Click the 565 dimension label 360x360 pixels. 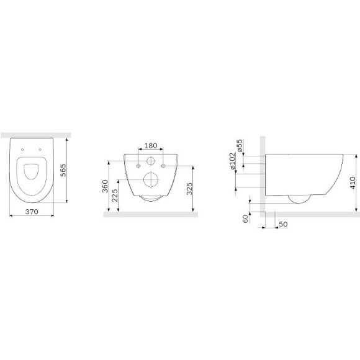click(63, 170)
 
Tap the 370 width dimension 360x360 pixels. click(32, 212)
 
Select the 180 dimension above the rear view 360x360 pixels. click(151, 146)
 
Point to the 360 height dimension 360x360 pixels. click(105, 186)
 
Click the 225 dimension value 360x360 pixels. click(115, 196)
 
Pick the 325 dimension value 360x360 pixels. click(189, 189)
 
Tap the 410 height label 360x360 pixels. click(353, 182)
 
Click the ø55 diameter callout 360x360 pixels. click(239, 146)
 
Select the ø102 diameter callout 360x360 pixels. click(233, 161)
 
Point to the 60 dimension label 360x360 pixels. click(245, 218)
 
